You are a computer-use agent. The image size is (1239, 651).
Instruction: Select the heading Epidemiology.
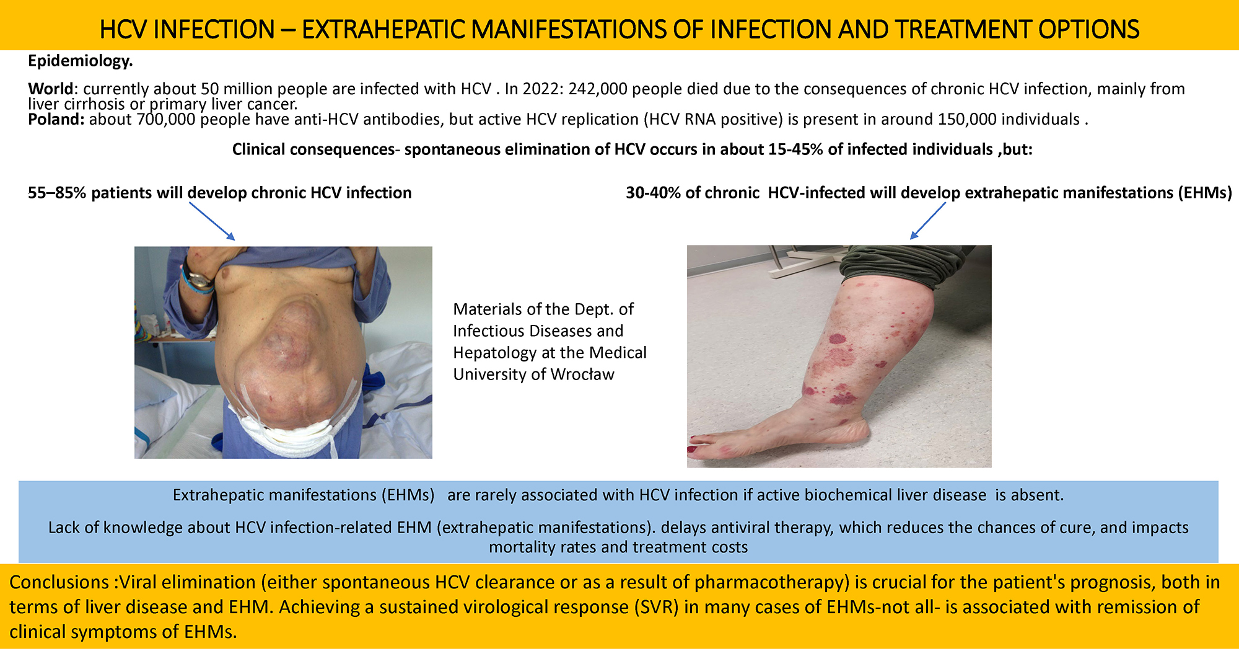81,61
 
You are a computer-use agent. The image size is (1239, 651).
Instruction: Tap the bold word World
51,89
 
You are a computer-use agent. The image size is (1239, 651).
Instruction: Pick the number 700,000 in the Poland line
167,119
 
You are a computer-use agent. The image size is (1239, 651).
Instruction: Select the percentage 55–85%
57,193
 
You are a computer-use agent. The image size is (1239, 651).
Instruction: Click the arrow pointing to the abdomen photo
212,221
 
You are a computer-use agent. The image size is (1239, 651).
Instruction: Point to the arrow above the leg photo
928,221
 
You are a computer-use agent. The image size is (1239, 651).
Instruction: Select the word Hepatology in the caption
495,353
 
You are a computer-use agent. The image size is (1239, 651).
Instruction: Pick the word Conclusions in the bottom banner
59,582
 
